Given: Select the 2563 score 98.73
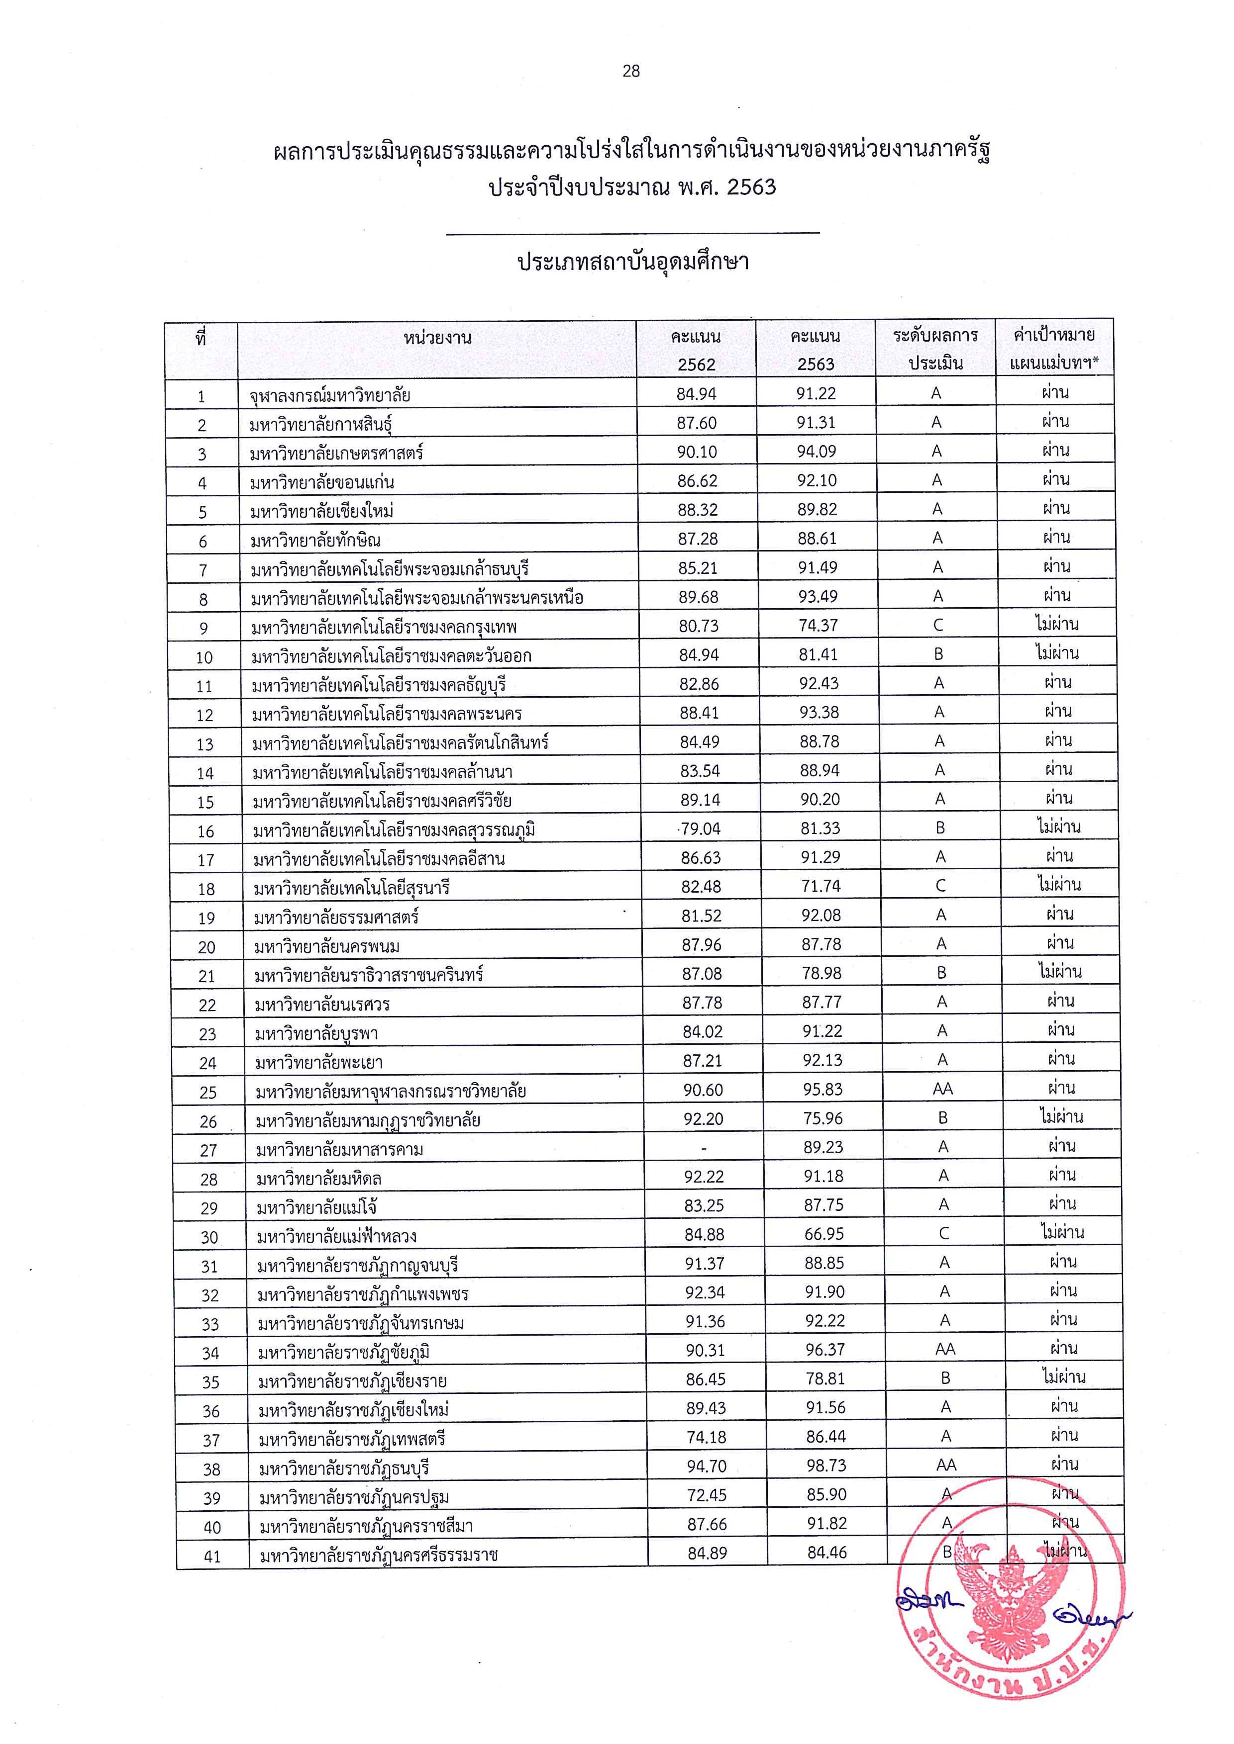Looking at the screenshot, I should [826, 1466].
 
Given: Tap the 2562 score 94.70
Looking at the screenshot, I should [706, 1466].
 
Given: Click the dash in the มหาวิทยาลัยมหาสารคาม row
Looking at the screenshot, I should [704, 1148].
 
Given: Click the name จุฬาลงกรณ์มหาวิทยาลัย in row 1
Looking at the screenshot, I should [330, 395].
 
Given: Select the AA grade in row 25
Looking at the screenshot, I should [942, 1089].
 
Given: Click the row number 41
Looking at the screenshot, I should [213, 1557].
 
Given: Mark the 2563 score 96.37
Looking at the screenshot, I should [825, 1350].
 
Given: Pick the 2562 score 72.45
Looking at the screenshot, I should [706, 1495].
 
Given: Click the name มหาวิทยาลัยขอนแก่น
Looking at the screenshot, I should [322, 482].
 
